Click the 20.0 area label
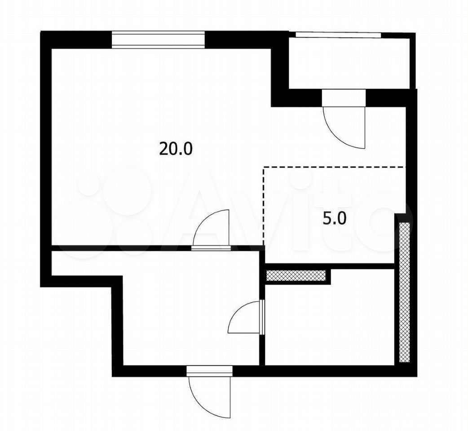click(x=176, y=149)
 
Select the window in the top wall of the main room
click(x=159, y=40)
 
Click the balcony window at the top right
click(x=338, y=35)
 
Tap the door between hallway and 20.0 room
click(x=211, y=228)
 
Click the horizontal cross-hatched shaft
click(x=296, y=276)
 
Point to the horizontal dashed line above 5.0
click(x=335, y=167)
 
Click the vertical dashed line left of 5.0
click(x=264, y=206)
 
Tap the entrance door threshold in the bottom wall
click(x=209, y=371)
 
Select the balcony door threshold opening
click(x=344, y=98)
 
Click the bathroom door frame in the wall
click(x=262, y=317)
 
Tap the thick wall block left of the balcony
click(x=280, y=69)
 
